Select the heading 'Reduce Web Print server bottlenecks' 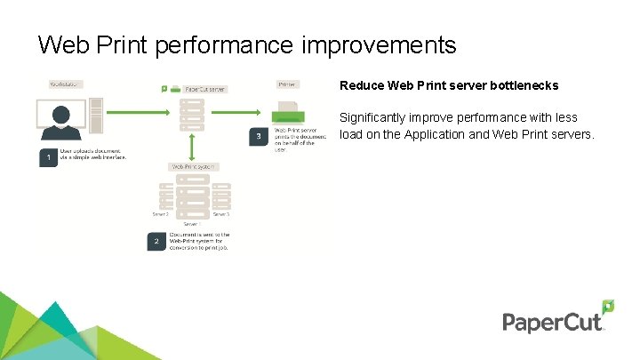click(x=449, y=86)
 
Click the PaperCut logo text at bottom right click(x=553, y=322)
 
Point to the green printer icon click(x=287, y=114)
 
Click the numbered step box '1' click(x=49, y=157)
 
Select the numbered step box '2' click(x=156, y=241)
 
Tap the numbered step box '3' click(x=259, y=137)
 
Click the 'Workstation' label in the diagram click(x=65, y=84)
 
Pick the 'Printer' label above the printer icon click(x=286, y=84)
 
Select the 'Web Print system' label click(x=193, y=167)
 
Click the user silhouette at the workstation click(x=61, y=118)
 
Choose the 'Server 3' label click(x=221, y=214)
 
